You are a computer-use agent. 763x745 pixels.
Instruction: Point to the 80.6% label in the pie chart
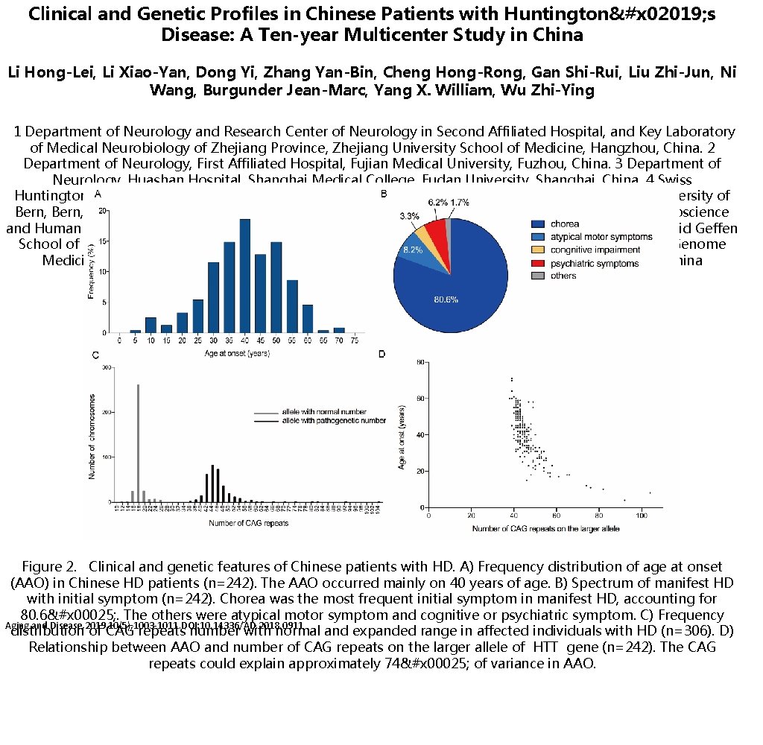tap(446, 300)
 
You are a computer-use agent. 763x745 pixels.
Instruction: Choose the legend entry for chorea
tap(566, 223)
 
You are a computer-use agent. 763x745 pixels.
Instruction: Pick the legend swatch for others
tap(538, 276)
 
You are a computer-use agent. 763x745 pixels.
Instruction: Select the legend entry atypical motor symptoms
tap(601, 237)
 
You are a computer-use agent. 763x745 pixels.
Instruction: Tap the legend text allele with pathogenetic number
tap(334, 421)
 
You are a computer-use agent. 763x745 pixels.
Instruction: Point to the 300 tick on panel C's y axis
tap(107, 367)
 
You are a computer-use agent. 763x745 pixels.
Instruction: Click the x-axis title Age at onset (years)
tap(238, 353)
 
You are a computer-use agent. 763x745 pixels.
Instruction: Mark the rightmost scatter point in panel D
tap(650, 492)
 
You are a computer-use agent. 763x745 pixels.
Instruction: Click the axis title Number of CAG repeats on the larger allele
tap(545, 528)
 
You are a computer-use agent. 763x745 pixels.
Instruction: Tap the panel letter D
tap(382, 354)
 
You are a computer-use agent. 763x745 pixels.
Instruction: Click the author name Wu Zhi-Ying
tap(569, 91)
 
